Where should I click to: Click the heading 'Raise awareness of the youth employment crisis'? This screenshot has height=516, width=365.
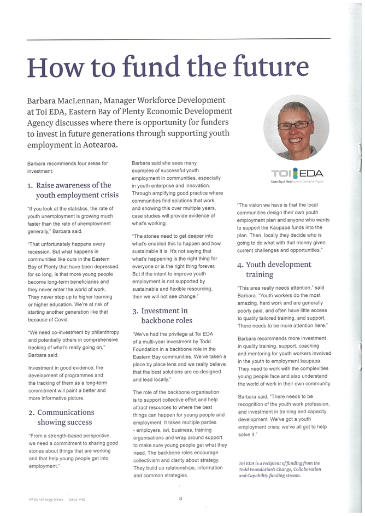coord(69,190)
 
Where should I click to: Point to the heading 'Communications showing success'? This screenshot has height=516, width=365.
coord(61,417)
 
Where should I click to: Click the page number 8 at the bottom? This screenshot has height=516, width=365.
coord(180,498)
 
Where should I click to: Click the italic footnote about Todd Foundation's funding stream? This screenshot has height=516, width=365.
coord(279,470)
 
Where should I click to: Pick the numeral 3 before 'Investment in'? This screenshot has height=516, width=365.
coord(135,311)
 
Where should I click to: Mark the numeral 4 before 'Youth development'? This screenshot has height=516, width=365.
coord(240,265)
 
